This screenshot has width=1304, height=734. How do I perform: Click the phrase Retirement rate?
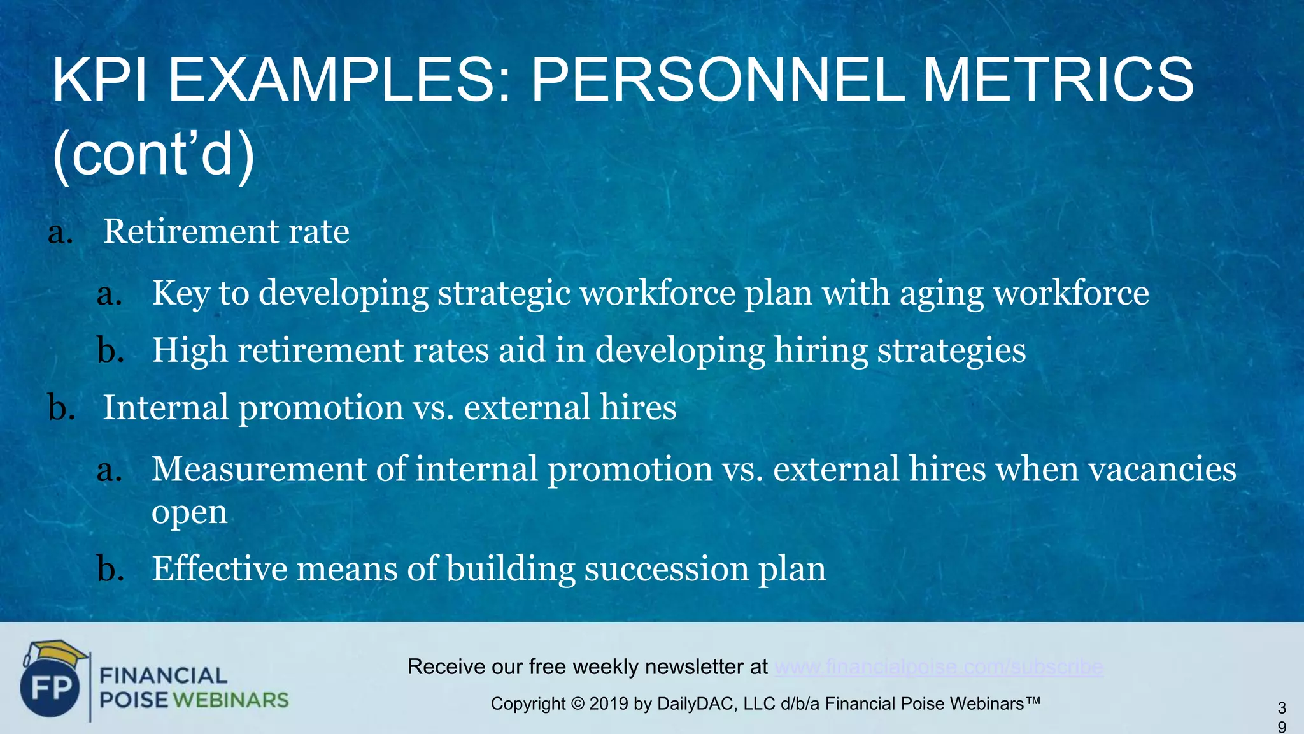coord(226,231)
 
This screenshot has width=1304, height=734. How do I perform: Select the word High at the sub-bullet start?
coord(189,350)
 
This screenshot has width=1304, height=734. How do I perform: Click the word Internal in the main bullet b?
coord(166,407)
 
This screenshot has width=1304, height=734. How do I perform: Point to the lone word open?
coord(189,513)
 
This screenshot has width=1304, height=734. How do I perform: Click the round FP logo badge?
coord(50,689)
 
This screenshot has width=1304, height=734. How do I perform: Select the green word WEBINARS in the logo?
coord(230,700)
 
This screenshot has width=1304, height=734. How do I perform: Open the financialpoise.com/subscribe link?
coord(939,667)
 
